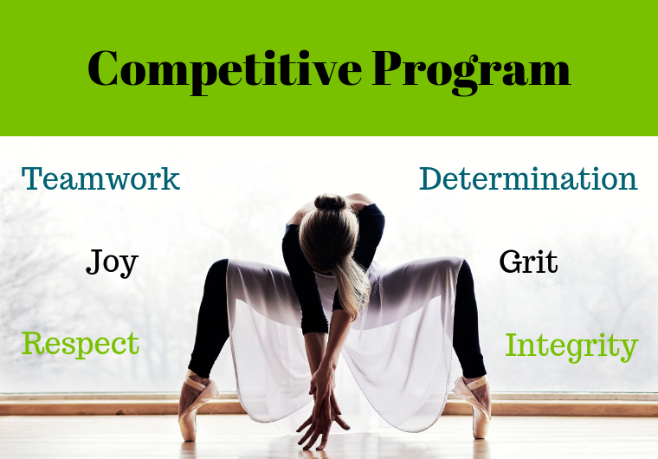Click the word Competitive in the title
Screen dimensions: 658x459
click(225, 70)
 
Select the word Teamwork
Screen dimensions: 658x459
click(100, 179)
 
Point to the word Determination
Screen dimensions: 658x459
click(528, 179)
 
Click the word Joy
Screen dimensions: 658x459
click(112, 263)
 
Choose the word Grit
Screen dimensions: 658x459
click(528, 262)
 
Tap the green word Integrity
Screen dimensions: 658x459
click(571, 346)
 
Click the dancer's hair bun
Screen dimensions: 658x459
click(330, 203)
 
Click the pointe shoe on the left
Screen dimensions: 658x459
click(194, 405)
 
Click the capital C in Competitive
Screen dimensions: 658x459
click(103, 68)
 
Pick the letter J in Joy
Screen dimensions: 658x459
click(95, 262)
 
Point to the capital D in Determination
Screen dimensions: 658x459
click(432, 179)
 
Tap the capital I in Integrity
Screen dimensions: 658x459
click(512, 345)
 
